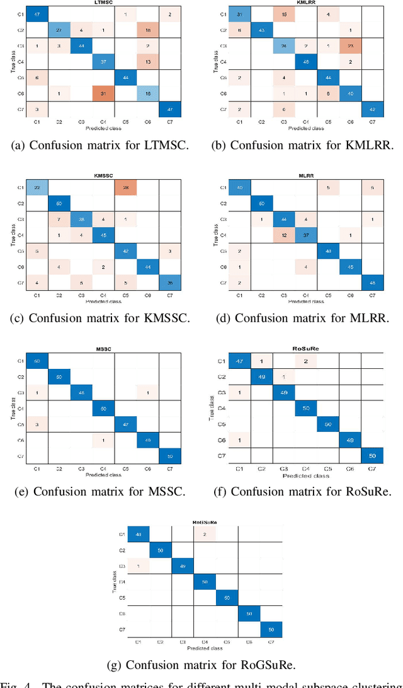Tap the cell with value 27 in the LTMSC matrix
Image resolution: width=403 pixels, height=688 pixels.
pyautogui.click(x=60, y=29)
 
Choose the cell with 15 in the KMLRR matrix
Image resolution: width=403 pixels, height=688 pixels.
pyautogui.click(x=284, y=13)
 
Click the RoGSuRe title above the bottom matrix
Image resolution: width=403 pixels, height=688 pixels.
pyautogui.click(x=201, y=523)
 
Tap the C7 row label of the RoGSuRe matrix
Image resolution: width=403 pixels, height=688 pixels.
pyautogui.click(x=121, y=629)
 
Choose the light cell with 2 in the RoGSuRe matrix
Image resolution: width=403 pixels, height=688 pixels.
pyautogui.click(x=204, y=534)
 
